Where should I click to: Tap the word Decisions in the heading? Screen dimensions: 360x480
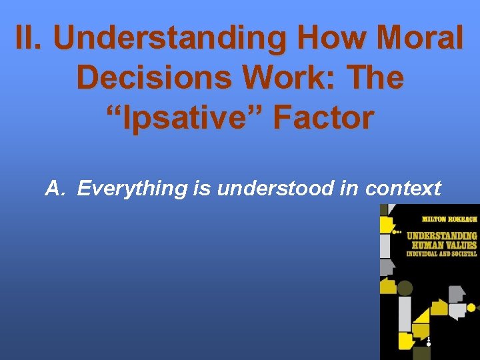[158, 78]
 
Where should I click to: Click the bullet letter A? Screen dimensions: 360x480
[55, 189]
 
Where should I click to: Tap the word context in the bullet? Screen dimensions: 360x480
[403, 189]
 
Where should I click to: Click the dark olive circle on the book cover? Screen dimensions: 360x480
[405, 288]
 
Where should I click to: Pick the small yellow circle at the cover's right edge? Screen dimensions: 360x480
[471, 308]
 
